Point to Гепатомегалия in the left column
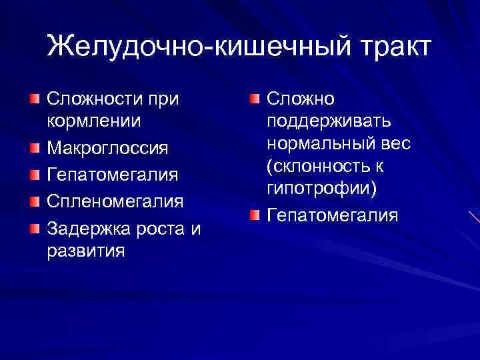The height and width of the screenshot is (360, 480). tap(111, 173)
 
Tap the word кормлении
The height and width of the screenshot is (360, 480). tap(93, 121)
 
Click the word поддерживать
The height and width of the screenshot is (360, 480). tap(329, 121)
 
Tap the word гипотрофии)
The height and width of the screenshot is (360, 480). tap(322, 189)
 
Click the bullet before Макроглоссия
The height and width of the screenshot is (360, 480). tap(35, 146)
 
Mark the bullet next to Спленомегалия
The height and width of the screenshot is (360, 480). tap(35, 200)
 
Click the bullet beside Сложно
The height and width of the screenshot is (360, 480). tap(255, 99)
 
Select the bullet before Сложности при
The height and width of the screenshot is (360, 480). tap(35, 99)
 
